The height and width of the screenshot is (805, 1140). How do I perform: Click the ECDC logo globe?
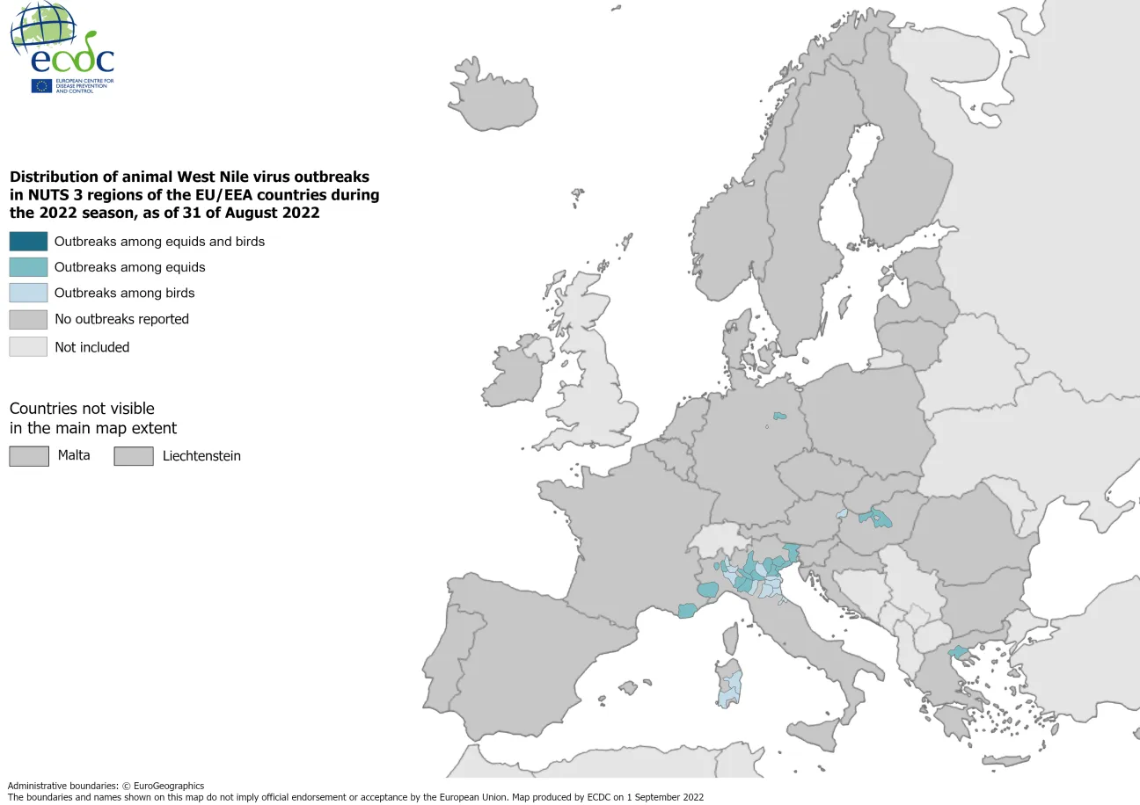(42, 26)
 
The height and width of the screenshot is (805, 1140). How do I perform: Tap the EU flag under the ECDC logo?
(41, 85)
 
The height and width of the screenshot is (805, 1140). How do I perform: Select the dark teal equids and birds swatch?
(28, 242)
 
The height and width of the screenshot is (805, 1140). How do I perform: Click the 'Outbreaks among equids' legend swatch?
(28, 267)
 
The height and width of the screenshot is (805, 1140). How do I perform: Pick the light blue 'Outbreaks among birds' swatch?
(28, 294)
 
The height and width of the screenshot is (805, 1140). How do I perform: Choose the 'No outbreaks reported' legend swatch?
(28, 319)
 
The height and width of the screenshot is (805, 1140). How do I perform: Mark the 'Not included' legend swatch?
(28, 347)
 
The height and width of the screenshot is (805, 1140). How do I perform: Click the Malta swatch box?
(28, 456)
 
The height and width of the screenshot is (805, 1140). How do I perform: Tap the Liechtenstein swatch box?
(133, 456)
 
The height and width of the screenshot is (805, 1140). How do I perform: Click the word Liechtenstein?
(201, 456)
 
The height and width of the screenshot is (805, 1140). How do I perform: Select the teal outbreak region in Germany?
(778, 416)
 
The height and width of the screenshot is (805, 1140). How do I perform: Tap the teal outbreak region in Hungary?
(877, 519)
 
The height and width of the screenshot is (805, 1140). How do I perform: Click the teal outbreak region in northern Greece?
(958, 652)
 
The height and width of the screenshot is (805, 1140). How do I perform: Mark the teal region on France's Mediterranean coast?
(687, 610)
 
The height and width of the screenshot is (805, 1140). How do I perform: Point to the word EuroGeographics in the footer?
(169, 786)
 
